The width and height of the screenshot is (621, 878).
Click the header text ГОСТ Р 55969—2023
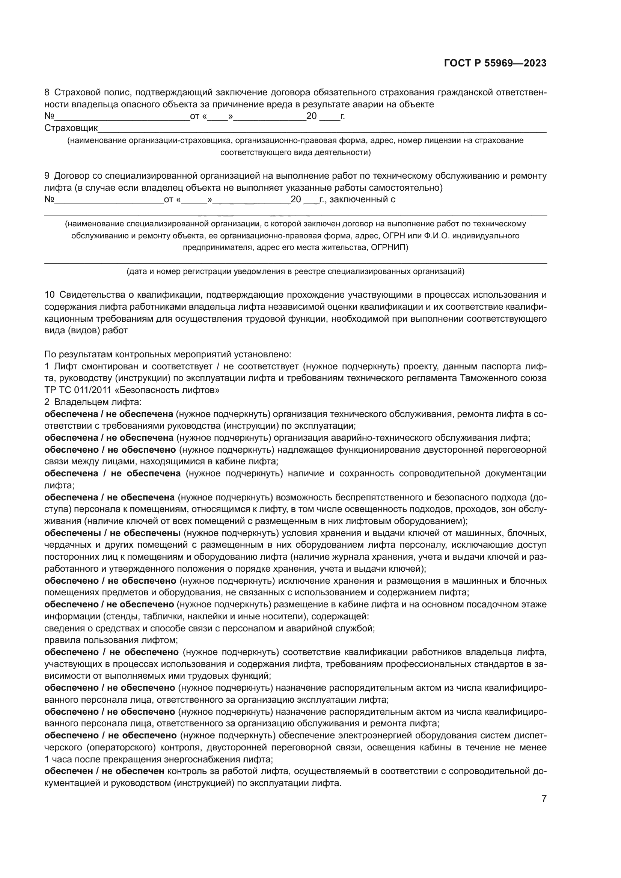click(x=495, y=63)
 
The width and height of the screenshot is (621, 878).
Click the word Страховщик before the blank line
click(x=71, y=128)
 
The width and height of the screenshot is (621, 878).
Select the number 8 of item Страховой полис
click(x=47, y=93)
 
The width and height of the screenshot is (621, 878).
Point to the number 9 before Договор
click(x=47, y=176)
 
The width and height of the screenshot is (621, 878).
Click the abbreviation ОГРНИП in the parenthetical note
click(x=388, y=247)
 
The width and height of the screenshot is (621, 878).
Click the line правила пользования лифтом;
click(x=111, y=640)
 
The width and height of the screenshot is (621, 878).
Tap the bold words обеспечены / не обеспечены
click(x=112, y=533)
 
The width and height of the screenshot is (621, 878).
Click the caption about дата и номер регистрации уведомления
click(x=295, y=272)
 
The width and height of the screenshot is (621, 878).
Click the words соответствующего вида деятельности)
click(x=295, y=152)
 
